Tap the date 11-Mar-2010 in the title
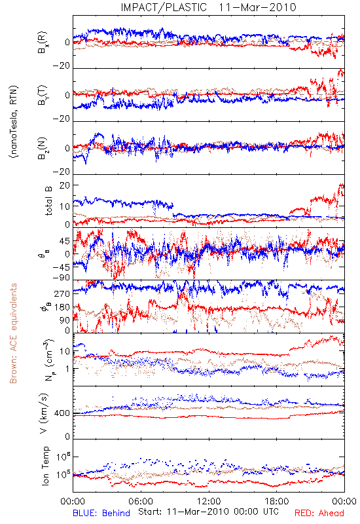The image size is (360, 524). (x=257, y=7)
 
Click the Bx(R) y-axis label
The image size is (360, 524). (x=43, y=43)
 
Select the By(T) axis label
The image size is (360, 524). (x=43, y=95)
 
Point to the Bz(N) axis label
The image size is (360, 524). (x=43, y=148)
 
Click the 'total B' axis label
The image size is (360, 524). (x=48, y=201)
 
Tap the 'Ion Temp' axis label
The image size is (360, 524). (x=45, y=466)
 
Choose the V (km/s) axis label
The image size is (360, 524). (x=45, y=413)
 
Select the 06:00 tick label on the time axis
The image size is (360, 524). (x=141, y=501)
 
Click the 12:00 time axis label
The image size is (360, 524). (x=209, y=501)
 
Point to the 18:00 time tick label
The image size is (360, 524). (x=277, y=501)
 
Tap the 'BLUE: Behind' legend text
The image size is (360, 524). (x=101, y=514)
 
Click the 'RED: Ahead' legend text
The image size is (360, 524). (x=319, y=514)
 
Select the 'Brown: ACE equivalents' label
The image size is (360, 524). (x=13, y=333)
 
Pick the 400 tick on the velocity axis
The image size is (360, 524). (x=62, y=413)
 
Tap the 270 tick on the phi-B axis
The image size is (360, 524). (x=62, y=293)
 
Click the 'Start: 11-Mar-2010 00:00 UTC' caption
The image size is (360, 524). (x=208, y=512)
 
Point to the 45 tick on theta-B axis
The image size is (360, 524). (x=65, y=241)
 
